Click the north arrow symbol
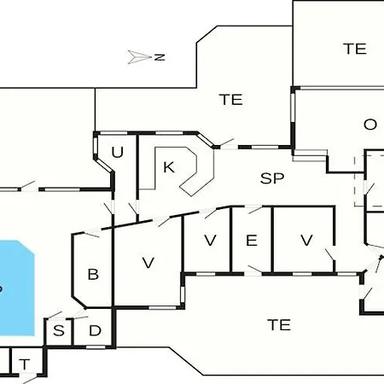139,57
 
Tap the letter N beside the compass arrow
160,57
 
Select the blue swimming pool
16,288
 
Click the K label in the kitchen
169,167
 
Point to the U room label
118,152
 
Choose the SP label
272,178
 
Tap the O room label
370,125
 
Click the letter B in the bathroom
93,274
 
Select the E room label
252,241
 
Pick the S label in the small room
59,330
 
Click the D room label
95,330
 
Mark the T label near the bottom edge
25,364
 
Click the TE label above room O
355,49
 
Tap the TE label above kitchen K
231,99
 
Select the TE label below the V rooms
279,325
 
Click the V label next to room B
148,263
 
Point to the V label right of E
306,241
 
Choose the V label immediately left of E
210,241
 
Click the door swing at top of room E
255,210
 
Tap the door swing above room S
55,315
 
